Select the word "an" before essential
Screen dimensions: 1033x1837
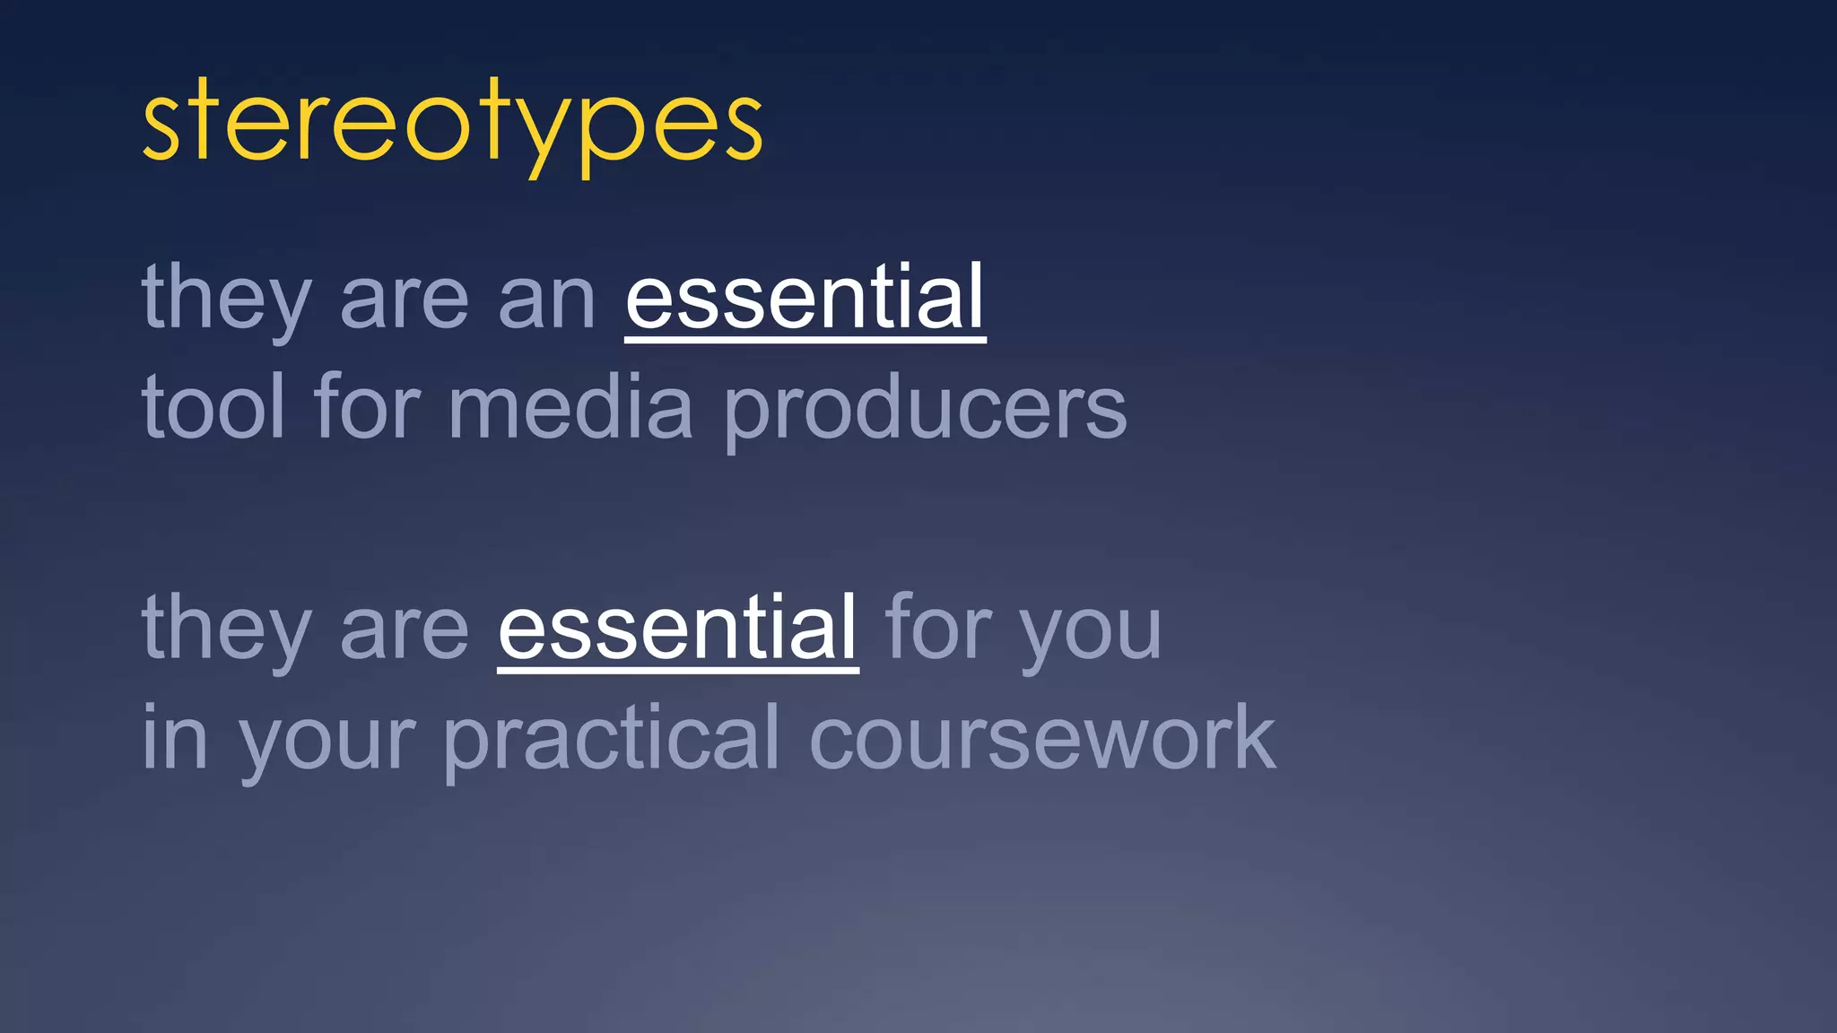pos(546,299)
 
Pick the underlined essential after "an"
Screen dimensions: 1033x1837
pos(805,298)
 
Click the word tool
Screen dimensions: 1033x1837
pos(213,408)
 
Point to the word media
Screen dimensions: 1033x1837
pos(570,408)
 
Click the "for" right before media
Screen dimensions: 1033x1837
pos(366,408)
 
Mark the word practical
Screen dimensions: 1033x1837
pos(611,740)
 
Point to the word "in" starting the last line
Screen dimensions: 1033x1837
pos(175,737)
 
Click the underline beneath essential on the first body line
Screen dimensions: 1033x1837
pos(805,339)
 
